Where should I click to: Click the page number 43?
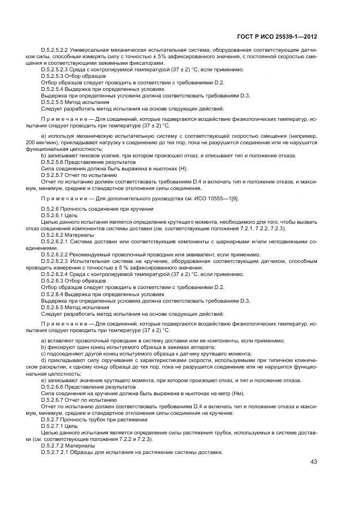point(313,462)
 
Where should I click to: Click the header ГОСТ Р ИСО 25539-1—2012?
point(278,37)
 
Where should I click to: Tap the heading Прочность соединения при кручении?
point(110,208)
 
